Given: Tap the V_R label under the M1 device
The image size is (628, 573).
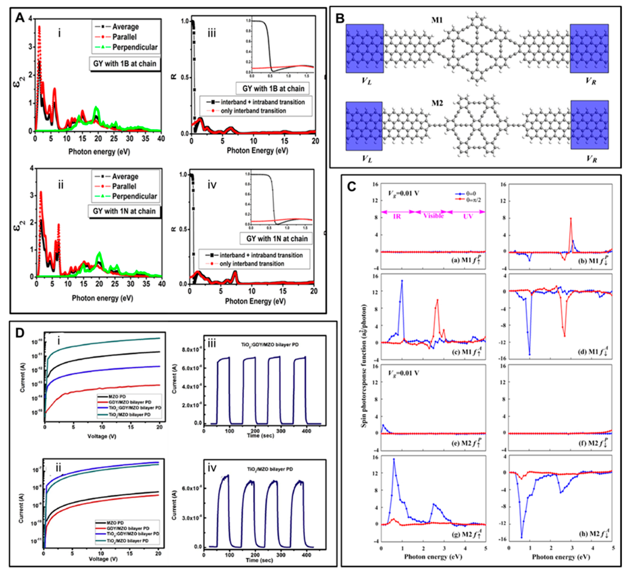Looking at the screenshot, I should tap(591, 81).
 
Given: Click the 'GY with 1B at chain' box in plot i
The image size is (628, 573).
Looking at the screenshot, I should tap(125, 64).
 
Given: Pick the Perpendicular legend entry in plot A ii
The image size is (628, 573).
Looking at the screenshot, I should tap(134, 196).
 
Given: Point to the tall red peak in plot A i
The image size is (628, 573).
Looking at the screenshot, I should tap(39, 27).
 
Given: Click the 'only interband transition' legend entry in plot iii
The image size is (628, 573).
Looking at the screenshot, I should tap(253, 111).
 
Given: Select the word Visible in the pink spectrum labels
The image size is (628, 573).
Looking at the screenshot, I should tap(433, 216).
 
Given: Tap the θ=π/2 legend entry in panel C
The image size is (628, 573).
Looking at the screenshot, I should tap(473, 200).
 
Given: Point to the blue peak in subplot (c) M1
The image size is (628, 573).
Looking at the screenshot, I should tap(402, 281).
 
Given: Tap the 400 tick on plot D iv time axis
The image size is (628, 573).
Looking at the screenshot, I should tap(306, 555).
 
